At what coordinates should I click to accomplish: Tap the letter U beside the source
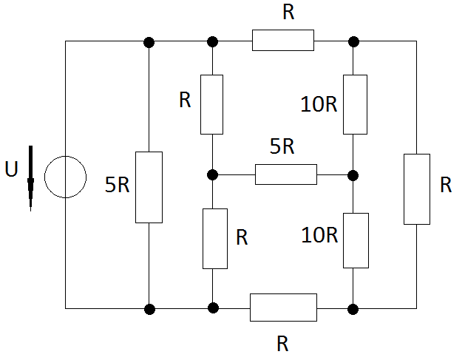pyautogui.click(x=12, y=169)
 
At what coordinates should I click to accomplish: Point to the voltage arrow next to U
pyautogui.click(x=30, y=178)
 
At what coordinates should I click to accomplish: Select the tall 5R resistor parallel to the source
pyautogui.click(x=149, y=187)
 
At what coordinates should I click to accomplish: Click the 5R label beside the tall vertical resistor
pyautogui.click(x=118, y=185)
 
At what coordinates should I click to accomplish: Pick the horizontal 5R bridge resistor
pyautogui.click(x=286, y=174)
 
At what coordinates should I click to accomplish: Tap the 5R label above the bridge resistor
pyautogui.click(x=282, y=146)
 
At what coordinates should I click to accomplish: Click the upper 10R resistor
pyautogui.click(x=355, y=104)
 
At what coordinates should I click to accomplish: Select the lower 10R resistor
pyautogui.click(x=356, y=240)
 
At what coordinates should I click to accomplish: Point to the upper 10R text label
pyautogui.click(x=319, y=104)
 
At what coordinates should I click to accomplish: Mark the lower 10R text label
pyautogui.click(x=319, y=235)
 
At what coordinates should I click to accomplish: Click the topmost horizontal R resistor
pyautogui.click(x=283, y=40)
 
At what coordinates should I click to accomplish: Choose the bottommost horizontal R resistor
pyautogui.click(x=283, y=308)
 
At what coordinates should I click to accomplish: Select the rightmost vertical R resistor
pyautogui.click(x=417, y=189)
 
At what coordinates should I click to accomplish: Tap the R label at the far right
pyautogui.click(x=446, y=185)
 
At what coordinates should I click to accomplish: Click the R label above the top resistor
pyautogui.click(x=288, y=12)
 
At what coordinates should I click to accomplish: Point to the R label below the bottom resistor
pyautogui.click(x=282, y=344)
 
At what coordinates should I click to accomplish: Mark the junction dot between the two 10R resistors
pyautogui.click(x=353, y=175)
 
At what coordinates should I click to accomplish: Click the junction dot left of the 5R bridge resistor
pyautogui.click(x=212, y=174)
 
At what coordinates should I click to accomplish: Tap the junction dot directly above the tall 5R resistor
pyautogui.click(x=149, y=42)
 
